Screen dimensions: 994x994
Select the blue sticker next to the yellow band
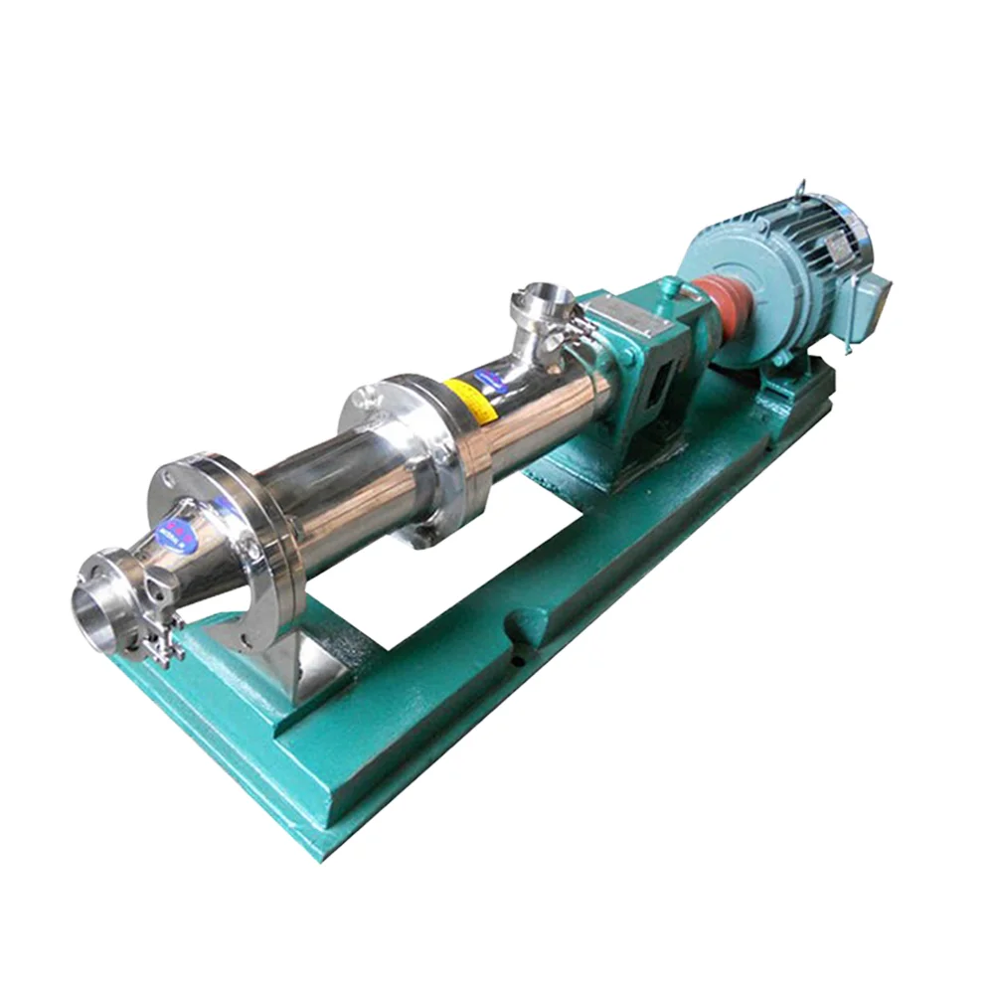[489, 377]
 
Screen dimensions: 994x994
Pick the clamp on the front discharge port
[159, 636]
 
